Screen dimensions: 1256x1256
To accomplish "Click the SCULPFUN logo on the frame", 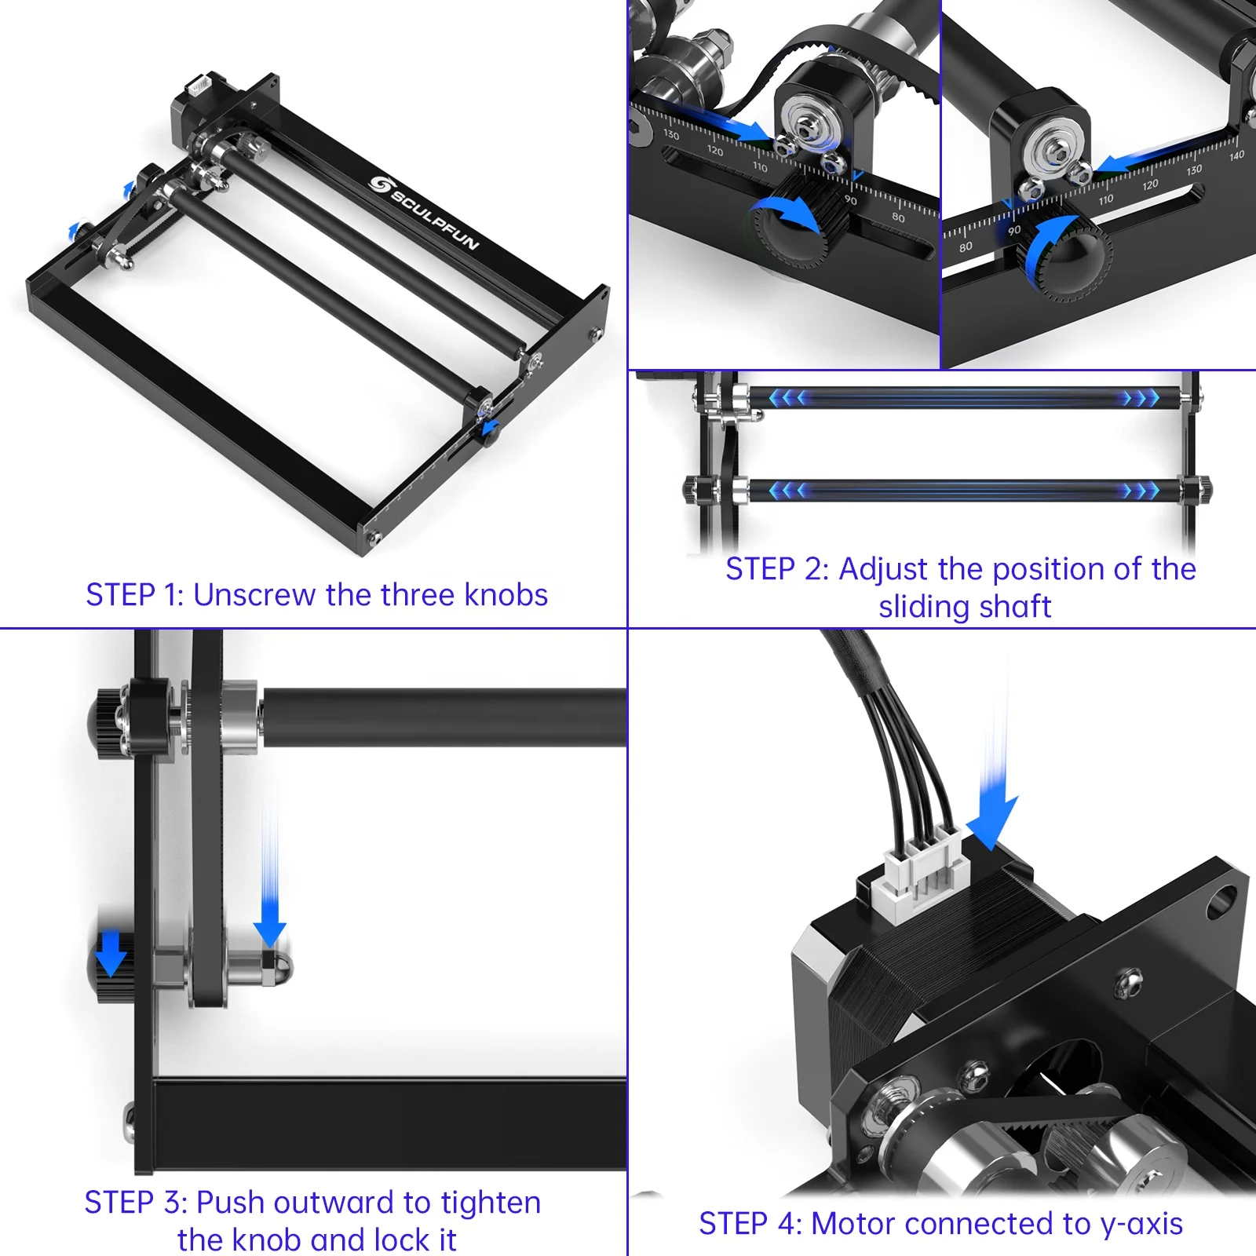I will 425,212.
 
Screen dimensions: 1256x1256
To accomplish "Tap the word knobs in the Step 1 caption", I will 506,595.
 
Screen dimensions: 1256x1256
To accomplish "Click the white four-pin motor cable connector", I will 921,873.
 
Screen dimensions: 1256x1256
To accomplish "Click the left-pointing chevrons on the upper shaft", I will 787,398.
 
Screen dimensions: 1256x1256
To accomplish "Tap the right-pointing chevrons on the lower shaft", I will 1141,491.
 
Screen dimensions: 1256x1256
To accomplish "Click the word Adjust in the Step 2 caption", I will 883,569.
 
